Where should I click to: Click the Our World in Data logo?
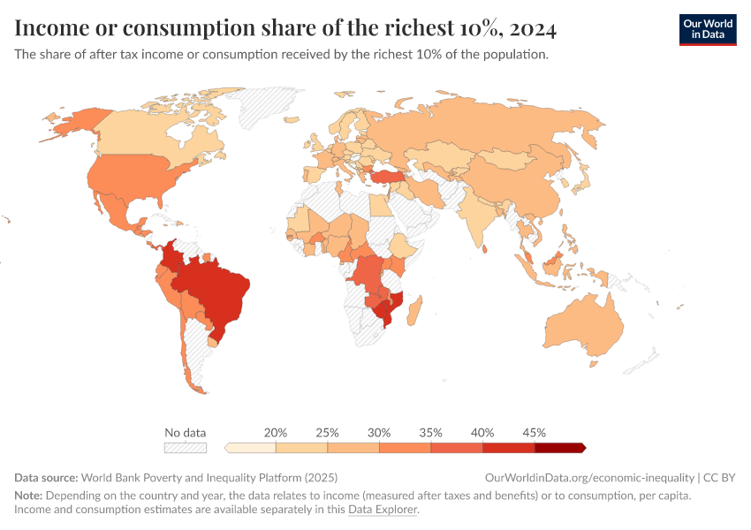tap(708, 30)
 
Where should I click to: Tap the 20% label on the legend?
tap(276, 433)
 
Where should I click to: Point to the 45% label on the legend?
tap(534, 433)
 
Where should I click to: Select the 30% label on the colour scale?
tap(379, 433)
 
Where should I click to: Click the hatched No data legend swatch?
tap(186, 448)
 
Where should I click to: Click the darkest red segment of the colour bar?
tap(559, 448)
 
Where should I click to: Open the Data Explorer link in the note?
tap(382, 510)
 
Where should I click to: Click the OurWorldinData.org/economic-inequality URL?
tap(589, 477)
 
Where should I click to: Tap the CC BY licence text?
tap(720, 477)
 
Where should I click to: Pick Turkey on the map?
tap(390, 177)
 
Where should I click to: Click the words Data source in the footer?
tap(45, 477)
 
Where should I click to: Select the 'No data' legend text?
tap(186, 433)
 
